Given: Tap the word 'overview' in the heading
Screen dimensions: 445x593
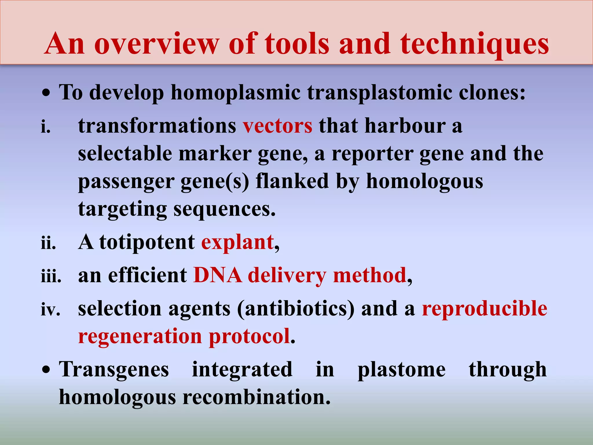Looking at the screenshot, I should [157, 44].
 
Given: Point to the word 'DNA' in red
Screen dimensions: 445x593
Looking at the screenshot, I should [217, 275].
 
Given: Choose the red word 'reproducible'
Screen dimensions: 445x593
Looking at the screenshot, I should [484, 309].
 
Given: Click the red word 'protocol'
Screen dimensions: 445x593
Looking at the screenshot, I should [249, 336].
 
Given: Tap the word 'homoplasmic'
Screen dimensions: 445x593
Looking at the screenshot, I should [235, 93].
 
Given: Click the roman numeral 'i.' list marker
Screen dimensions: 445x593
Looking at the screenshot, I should [46, 127].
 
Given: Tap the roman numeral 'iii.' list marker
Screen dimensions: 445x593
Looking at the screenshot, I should [51, 276].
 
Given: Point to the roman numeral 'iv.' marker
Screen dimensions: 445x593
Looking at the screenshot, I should [50, 309].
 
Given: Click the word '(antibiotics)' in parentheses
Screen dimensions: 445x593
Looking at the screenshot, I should [296, 309].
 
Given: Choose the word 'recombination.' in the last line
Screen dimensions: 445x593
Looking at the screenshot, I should [256, 397].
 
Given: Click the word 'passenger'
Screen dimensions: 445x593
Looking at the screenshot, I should [126, 181].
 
